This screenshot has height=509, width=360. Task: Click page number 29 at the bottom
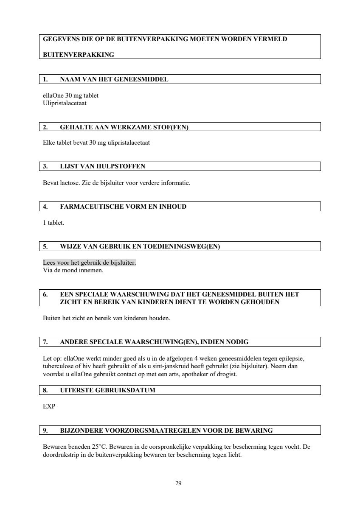(178, 483)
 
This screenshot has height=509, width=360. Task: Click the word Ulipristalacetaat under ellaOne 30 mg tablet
(65, 103)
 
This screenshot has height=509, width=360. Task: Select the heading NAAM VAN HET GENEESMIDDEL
(114, 79)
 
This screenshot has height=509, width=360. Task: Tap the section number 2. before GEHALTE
(45, 127)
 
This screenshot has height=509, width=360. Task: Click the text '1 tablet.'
(53, 223)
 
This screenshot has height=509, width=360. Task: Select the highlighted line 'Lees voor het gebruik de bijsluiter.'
(90, 263)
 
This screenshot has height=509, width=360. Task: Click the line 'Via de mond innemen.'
(73, 270)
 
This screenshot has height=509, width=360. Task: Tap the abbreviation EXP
(49, 406)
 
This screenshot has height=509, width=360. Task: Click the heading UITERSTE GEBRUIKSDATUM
(107, 390)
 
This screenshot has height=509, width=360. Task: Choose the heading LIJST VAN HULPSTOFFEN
(102, 166)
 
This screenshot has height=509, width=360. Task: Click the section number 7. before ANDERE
(45, 342)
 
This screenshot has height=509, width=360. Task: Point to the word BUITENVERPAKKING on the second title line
(79, 55)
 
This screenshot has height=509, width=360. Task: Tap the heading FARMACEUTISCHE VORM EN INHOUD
(123, 207)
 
